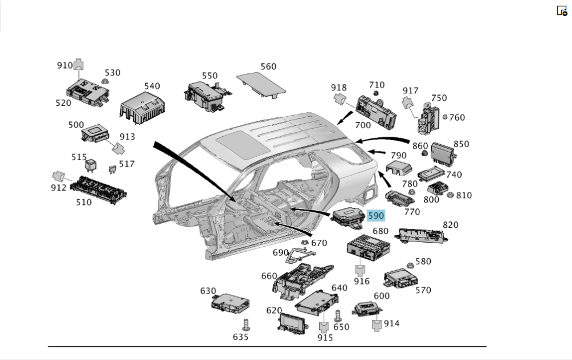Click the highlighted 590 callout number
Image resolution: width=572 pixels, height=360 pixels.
click(376, 216)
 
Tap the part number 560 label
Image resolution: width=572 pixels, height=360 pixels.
click(268, 66)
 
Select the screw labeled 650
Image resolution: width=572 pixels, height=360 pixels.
click(338, 315)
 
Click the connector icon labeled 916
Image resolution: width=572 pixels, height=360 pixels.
click(361, 268)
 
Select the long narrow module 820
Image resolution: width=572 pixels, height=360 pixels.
click(422, 233)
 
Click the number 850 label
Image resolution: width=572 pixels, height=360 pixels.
click(461, 144)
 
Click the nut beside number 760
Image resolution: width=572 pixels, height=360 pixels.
click(445, 117)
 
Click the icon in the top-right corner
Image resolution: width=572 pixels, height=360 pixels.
click(562, 10)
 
